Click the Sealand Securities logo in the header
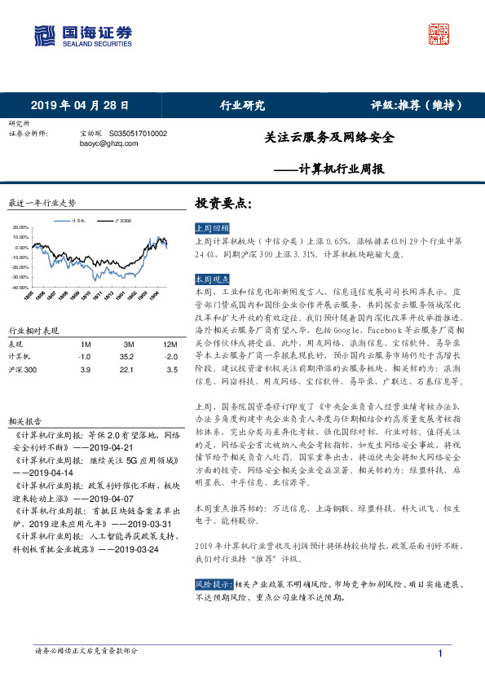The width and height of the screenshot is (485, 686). [x=82, y=35]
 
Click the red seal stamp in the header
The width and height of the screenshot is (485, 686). [x=439, y=35]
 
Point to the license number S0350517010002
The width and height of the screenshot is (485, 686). [x=138, y=133]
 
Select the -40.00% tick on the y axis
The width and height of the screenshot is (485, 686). [x=20, y=287]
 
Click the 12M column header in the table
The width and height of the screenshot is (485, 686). [x=170, y=345]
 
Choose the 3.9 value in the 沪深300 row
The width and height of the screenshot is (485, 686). [x=84, y=370]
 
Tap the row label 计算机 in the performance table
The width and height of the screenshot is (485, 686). [x=20, y=357]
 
